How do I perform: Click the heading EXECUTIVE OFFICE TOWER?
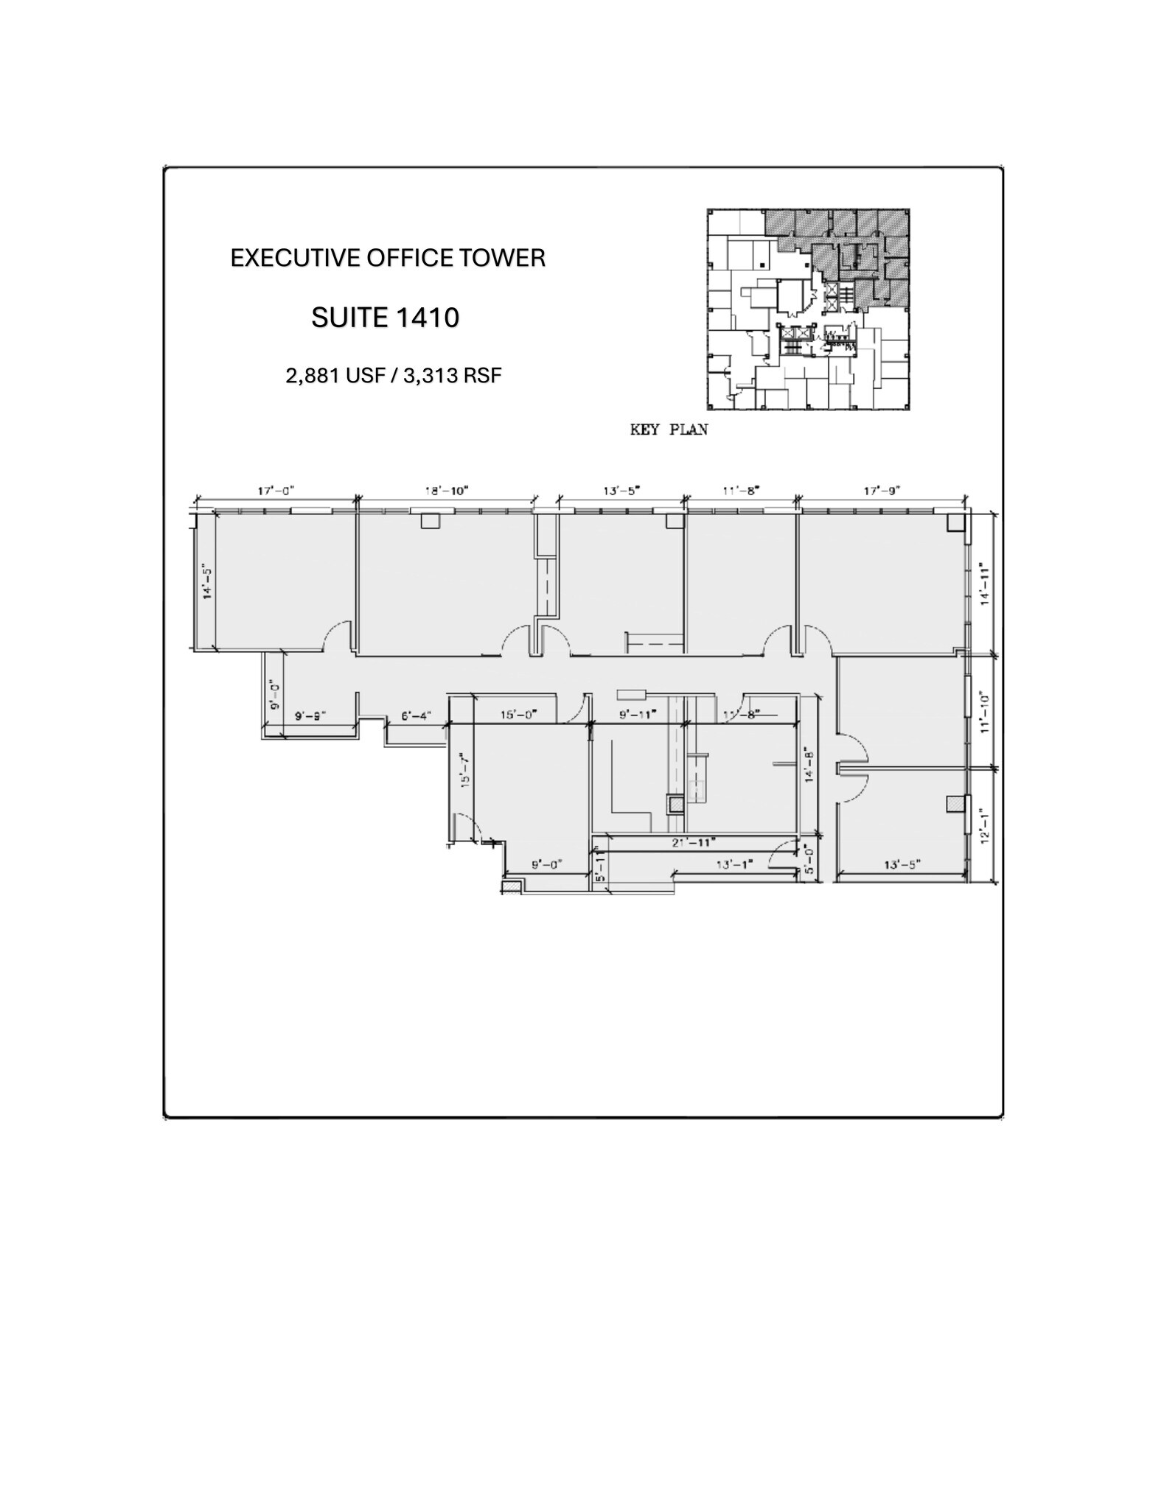pos(388,258)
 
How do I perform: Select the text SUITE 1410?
pos(385,318)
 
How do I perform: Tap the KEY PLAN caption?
pos(669,430)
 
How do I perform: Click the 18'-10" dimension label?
pos(446,490)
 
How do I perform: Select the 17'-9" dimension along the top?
pos(883,490)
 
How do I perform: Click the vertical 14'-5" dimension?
pos(208,581)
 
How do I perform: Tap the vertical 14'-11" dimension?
pos(983,584)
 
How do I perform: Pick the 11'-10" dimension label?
pos(983,712)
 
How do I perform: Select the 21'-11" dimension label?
pos(693,841)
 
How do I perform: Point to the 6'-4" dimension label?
pos(416,715)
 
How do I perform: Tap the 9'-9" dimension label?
pos(310,715)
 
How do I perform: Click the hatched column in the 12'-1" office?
pos(955,804)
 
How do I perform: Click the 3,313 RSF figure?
pos(453,376)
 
